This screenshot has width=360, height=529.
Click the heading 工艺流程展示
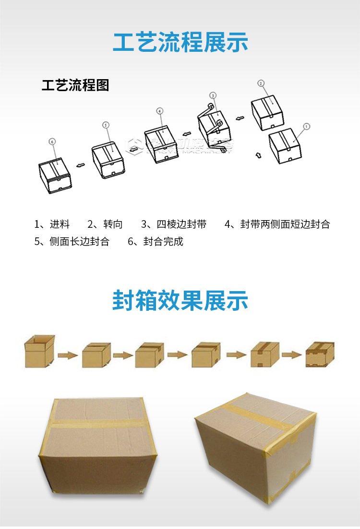(180, 42)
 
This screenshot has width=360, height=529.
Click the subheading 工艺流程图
(76, 85)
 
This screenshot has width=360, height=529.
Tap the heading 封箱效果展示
(180, 301)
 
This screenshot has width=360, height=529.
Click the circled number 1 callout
(307, 127)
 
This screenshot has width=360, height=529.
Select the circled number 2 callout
(261, 83)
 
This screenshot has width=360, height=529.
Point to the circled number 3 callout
(213, 95)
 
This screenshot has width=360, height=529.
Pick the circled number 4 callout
(160, 111)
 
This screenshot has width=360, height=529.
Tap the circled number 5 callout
(106, 125)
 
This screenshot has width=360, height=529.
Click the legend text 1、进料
(52, 224)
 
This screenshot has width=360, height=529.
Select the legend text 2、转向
(105, 224)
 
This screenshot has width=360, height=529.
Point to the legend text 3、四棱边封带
(174, 224)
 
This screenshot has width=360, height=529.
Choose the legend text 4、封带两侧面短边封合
(277, 224)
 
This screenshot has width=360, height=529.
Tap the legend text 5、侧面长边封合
(72, 241)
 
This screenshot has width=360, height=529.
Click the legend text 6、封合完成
(156, 241)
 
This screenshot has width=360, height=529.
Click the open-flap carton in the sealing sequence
(39, 351)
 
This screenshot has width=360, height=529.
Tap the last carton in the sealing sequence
(320, 355)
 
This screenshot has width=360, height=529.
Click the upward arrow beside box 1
(258, 155)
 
